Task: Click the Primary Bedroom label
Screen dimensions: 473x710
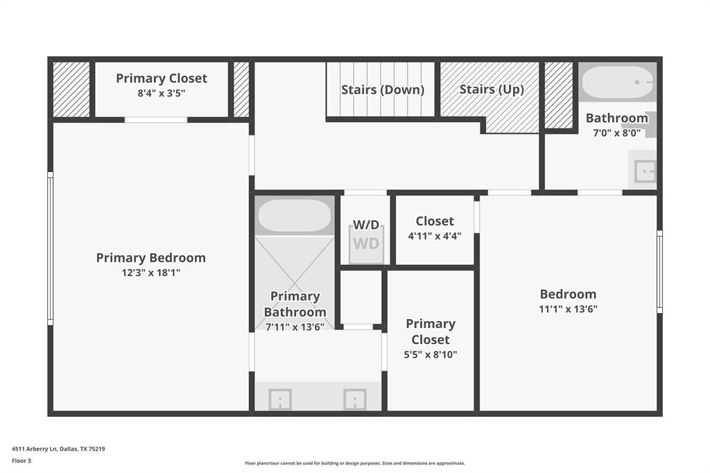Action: [150, 258]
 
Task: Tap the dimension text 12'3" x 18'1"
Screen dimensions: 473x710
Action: [150, 273]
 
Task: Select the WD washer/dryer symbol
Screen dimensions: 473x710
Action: [366, 244]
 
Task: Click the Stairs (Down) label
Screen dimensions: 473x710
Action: [382, 89]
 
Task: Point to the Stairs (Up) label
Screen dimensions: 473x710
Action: [491, 89]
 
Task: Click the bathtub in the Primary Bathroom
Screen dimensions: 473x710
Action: [295, 216]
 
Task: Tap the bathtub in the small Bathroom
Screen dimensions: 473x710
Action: [616, 83]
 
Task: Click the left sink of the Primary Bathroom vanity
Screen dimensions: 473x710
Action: [280, 399]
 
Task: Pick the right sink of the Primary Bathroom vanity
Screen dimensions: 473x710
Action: [354, 399]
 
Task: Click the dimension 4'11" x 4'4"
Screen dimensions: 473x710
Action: [435, 236]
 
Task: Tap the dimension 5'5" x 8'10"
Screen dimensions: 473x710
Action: [431, 355]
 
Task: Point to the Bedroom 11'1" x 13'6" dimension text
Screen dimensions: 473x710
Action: [568, 309]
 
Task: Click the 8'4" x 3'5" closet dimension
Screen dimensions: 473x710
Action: [161, 93]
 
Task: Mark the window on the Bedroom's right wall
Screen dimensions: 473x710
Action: [659, 272]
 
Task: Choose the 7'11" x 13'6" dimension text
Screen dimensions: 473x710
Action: [295, 327]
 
